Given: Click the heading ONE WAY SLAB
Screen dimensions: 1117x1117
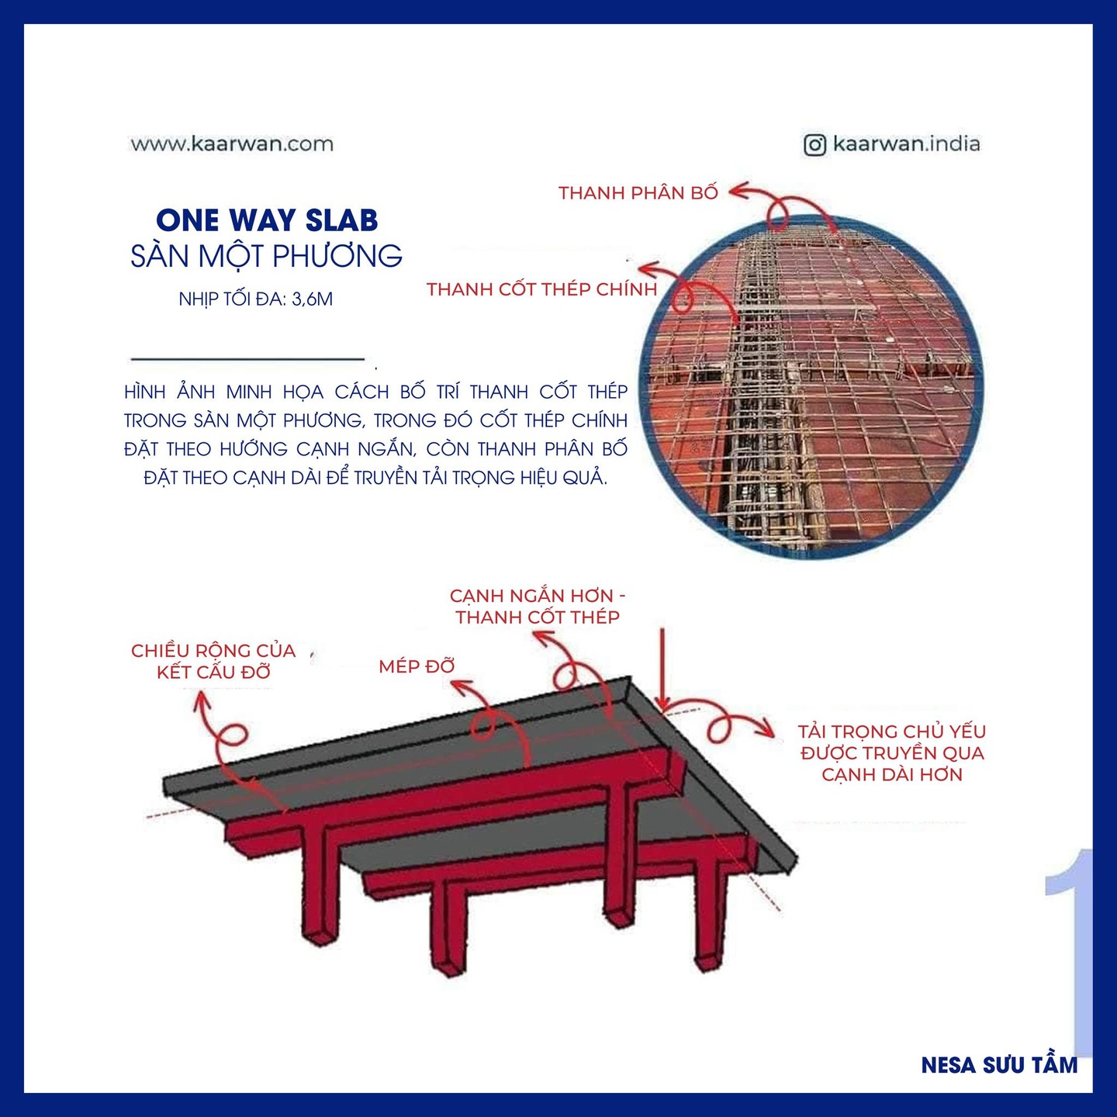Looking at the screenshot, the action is pos(267,220).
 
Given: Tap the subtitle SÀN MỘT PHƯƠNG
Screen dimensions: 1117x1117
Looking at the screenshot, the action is pos(267,256).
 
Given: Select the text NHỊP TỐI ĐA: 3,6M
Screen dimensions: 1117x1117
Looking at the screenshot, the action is pos(256,299).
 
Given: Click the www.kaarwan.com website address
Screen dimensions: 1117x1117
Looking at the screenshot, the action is pos(232,144).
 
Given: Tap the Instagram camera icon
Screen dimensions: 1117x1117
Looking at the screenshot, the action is pos(814,145).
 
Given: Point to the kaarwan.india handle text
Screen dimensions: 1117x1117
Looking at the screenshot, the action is pos(907,144).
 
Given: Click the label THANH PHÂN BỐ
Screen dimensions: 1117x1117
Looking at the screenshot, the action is pos(638,193).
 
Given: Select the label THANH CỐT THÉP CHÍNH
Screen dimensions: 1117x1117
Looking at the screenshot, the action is pos(542,289).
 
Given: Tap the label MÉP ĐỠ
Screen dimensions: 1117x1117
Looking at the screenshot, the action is pos(417,666).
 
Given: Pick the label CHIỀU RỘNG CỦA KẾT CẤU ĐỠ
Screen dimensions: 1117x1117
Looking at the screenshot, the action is pos(213,662).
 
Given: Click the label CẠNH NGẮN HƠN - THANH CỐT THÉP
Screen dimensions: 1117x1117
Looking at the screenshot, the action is pos(538,607).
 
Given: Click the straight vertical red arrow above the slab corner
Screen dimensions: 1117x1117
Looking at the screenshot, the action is pos(662,669).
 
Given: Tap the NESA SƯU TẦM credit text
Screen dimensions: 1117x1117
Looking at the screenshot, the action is pos(999,1065).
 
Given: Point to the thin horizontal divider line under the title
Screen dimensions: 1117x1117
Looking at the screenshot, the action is pos(247,359).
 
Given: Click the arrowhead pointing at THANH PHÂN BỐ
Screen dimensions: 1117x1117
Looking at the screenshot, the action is pos(738,189).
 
